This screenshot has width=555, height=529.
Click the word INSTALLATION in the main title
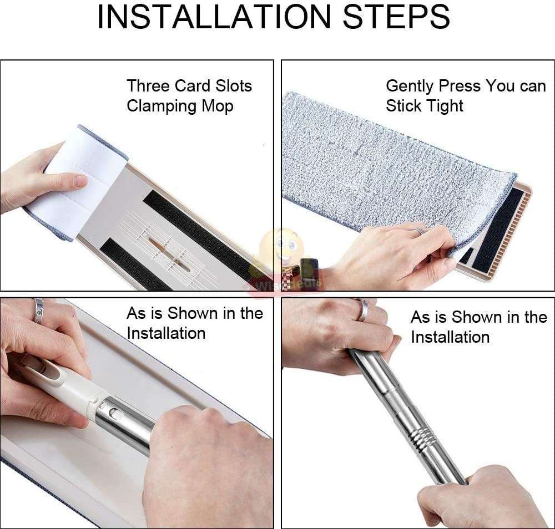pos(214,18)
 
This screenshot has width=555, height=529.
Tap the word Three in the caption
pos(148,86)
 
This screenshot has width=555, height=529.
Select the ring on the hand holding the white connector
pos(38,311)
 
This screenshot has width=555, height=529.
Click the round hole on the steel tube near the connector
pos(114,413)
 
